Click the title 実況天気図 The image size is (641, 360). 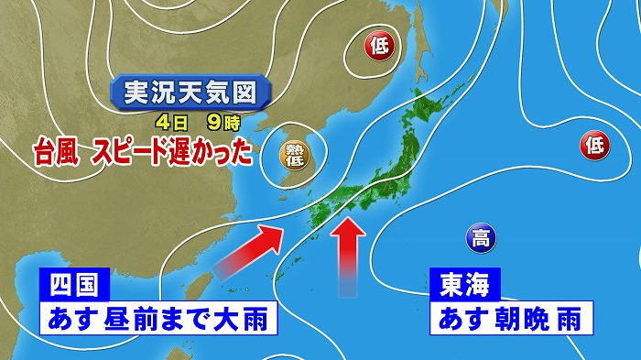coord(190,93)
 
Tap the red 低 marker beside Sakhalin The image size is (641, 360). coord(378,44)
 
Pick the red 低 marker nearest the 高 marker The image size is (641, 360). coord(593,142)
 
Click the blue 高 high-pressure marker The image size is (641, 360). coord(478,240)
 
